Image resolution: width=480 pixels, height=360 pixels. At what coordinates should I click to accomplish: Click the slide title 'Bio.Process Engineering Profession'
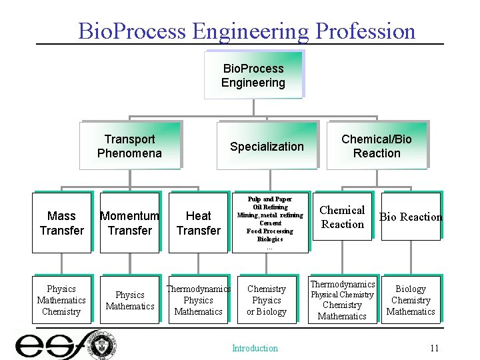[x=246, y=31]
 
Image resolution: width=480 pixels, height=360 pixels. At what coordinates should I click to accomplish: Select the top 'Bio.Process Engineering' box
[x=253, y=76]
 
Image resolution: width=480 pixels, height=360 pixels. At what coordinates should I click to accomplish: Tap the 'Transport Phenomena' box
[x=129, y=146]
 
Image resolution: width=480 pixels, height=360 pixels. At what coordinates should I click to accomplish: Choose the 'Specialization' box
[x=267, y=147]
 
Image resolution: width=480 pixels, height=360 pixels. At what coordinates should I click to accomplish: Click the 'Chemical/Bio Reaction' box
[x=377, y=146]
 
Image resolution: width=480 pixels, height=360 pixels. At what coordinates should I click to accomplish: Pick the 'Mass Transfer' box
[x=61, y=223]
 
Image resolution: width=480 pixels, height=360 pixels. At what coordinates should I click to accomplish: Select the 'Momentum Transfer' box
[x=129, y=223]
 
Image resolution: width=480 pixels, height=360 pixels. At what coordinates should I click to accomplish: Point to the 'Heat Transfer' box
[x=198, y=223]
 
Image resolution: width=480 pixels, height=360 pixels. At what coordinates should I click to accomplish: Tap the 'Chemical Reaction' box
[x=342, y=217]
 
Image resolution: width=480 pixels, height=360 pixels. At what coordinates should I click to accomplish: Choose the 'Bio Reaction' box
[x=411, y=217]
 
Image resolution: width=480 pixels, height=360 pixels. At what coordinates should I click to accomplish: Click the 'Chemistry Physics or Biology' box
[x=267, y=300]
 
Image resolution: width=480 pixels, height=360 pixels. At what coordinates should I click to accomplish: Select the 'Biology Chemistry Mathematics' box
[x=411, y=300]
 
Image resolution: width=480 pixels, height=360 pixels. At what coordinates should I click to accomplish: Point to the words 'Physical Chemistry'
[x=343, y=295]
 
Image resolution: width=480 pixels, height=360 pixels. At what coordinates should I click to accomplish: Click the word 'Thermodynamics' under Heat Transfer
[x=198, y=289]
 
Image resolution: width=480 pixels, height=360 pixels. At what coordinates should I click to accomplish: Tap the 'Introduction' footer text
[x=255, y=348]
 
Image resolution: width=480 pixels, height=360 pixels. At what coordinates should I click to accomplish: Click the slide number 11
[x=434, y=348]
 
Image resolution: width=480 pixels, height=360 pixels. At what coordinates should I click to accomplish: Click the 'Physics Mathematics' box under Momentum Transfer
[x=129, y=300]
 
